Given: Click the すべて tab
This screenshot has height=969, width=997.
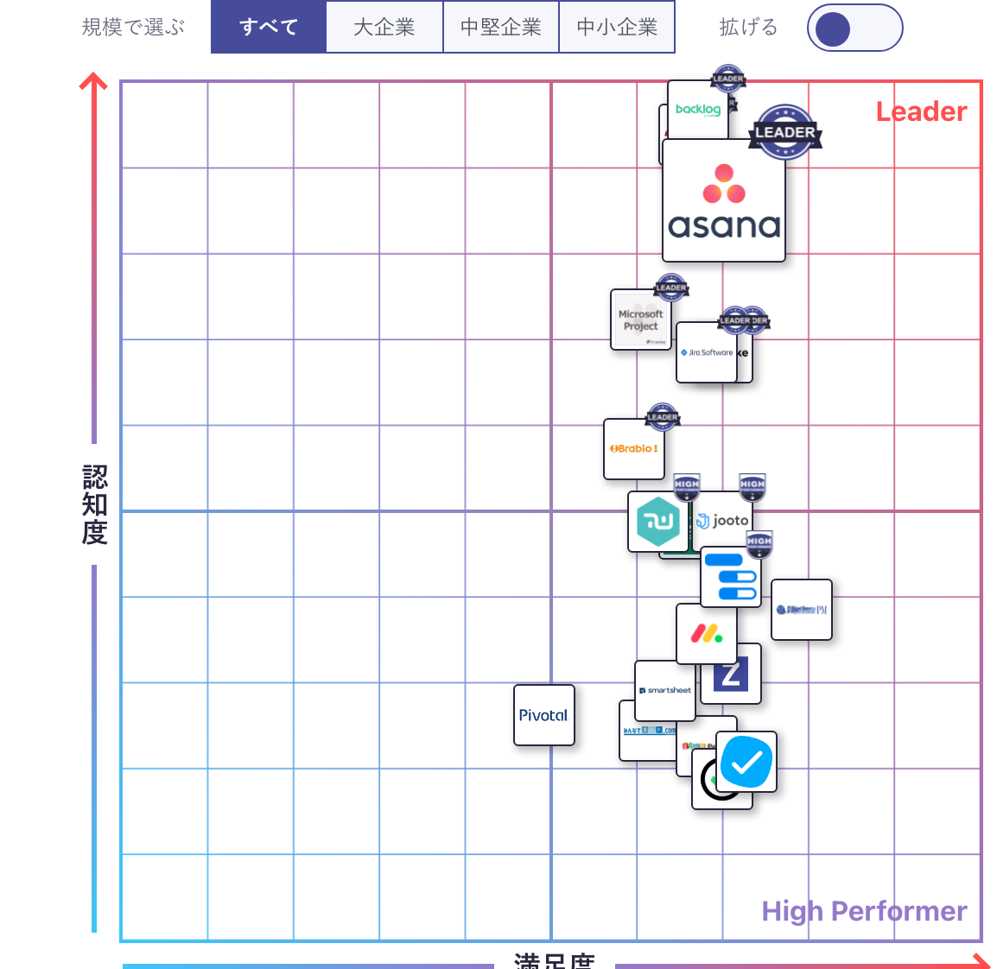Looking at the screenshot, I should pyautogui.click(x=269, y=27).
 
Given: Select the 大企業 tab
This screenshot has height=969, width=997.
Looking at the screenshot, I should pyautogui.click(x=384, y=27).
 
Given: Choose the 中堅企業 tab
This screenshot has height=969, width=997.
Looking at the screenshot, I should pyautogui.click(x=501, y=27).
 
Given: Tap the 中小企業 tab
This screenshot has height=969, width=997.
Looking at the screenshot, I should pyautogui.click(x=617, y=27).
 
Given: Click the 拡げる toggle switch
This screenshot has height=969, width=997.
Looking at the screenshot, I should pyautogui.click(x=854, y=28).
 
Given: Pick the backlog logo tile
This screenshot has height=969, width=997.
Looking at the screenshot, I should pyautogui.click(x=697, y=110).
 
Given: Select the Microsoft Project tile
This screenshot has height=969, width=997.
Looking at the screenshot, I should pyautogui.click(x=640, y=320).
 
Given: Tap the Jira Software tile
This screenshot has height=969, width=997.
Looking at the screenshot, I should pyautogui.click(x=707, y=352).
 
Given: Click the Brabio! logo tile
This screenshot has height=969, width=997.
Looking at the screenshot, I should pyautogui.click(x=633, y=449).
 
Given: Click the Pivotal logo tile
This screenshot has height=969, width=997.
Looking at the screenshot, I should pyautogui.click(x=543, y=715).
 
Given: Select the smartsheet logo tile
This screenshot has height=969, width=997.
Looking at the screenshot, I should pyautogui.click(x=665, y=691).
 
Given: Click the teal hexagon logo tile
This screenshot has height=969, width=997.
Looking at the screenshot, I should pyautogui.click(x=657, y=522).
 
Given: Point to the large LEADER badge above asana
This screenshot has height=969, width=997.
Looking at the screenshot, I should pyautogui.click(x=784, y=132).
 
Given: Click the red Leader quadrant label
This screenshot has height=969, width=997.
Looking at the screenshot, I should pyautogui.click(x=921, y=111).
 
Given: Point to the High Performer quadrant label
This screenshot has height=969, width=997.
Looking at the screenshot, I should pyautogui.click(x=864, y=911).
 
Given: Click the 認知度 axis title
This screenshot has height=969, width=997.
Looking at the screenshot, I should pyautogui.click(x=94, y=504).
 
